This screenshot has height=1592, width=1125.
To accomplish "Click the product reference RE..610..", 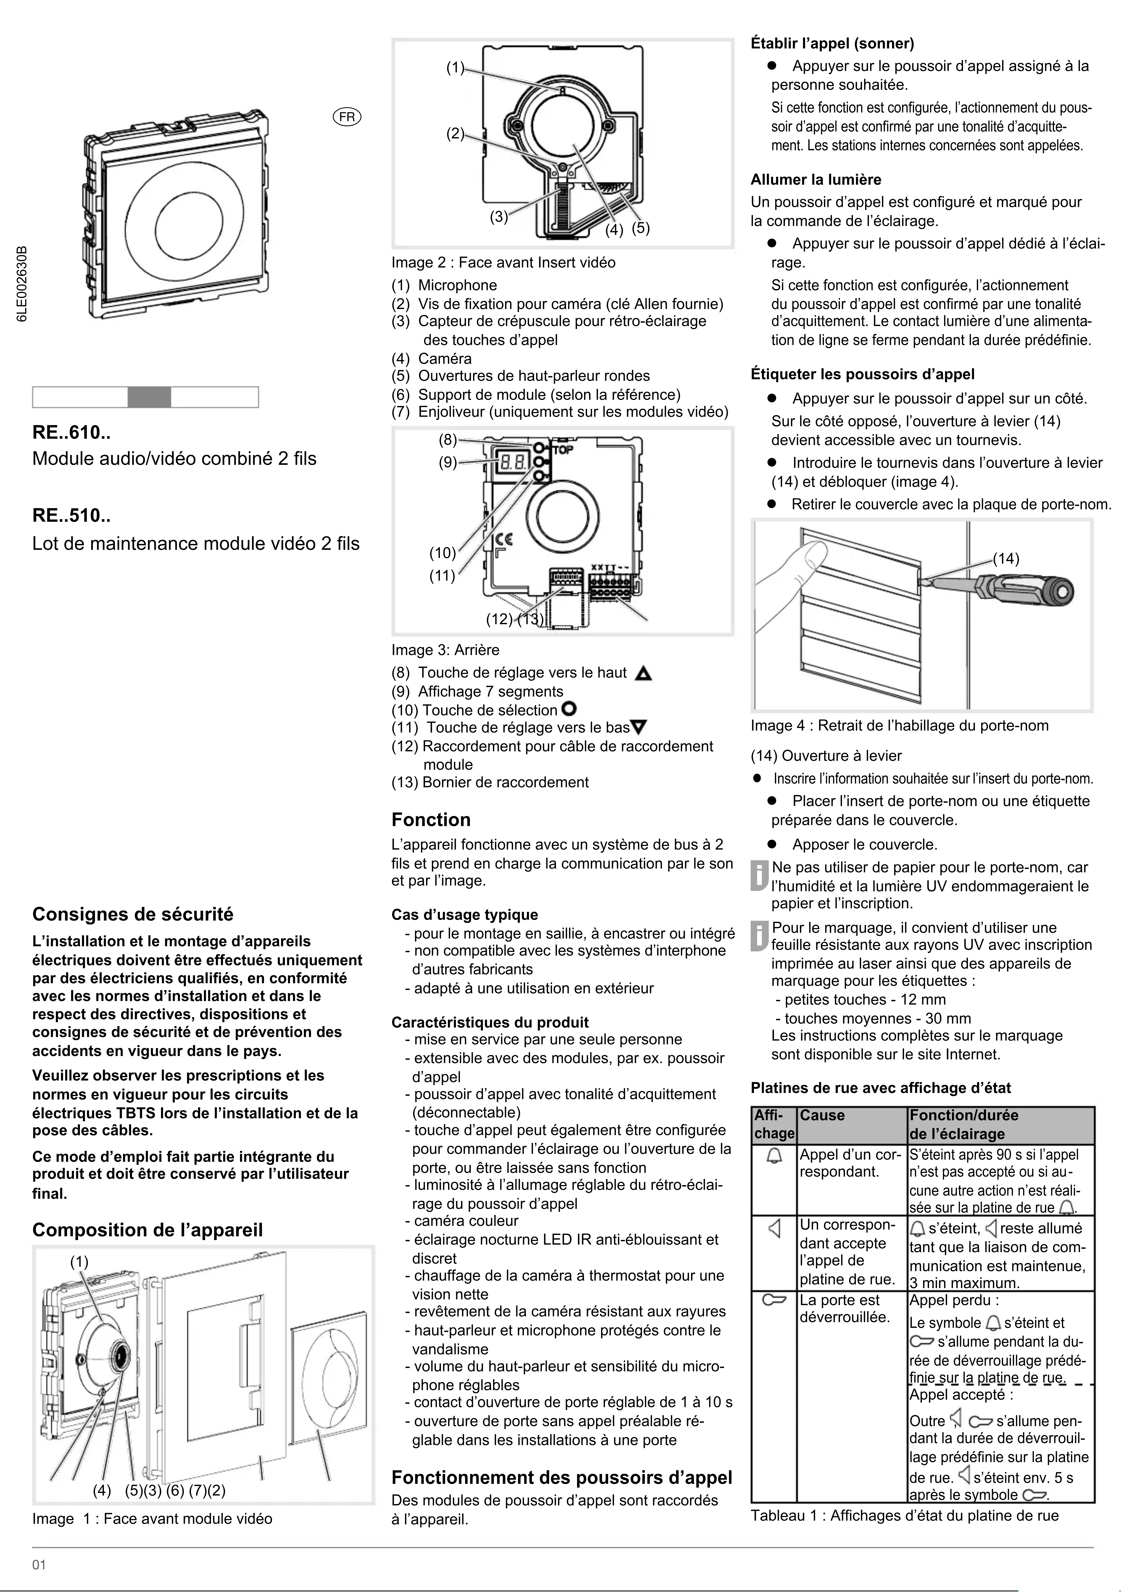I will tap(71, 433).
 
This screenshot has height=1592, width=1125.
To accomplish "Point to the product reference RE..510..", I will tap(71, 516).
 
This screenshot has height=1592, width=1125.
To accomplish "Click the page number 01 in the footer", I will tap(39, 1565).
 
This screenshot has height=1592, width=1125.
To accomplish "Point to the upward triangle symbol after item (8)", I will tap(644, 673).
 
